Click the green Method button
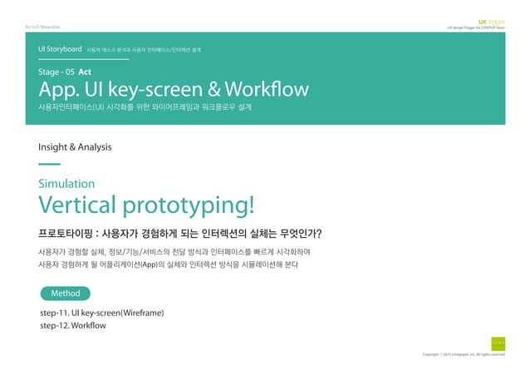click(65, 294)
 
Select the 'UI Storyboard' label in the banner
click(60, 50)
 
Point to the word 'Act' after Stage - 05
click(85, 72)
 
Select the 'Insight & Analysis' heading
click(75, 146)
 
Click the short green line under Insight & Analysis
click(50, 164)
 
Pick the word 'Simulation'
click(66, 183)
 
